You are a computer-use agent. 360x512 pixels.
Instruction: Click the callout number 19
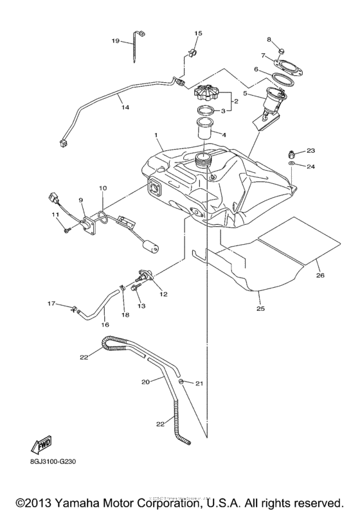point(115,40)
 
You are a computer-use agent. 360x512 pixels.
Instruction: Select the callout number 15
point(198,33)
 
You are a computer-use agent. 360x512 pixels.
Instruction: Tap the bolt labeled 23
point(291,154)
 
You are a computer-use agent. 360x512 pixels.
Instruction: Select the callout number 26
point(319,276)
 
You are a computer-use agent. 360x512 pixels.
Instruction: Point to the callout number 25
point(261,309)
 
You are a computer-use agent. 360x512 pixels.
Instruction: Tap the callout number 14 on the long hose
point(125,108)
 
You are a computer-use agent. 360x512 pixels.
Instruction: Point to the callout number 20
point(145,382)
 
